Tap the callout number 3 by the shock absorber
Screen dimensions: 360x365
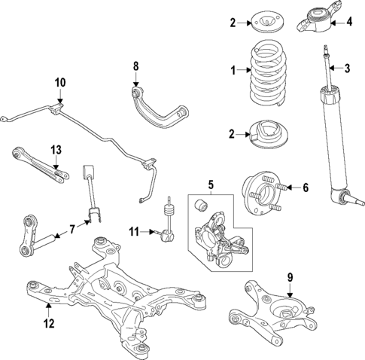[x=348, y=69]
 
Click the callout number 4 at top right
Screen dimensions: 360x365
[x=348, y=22]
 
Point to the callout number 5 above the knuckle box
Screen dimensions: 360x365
[x=211, y=182]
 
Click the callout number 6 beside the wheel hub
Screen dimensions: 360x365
[x=305, y=187]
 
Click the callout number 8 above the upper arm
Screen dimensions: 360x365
[x=136, y=66]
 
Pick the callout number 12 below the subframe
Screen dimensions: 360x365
[x=49, y=325]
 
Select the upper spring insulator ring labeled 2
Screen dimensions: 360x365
[x=268, y=22]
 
